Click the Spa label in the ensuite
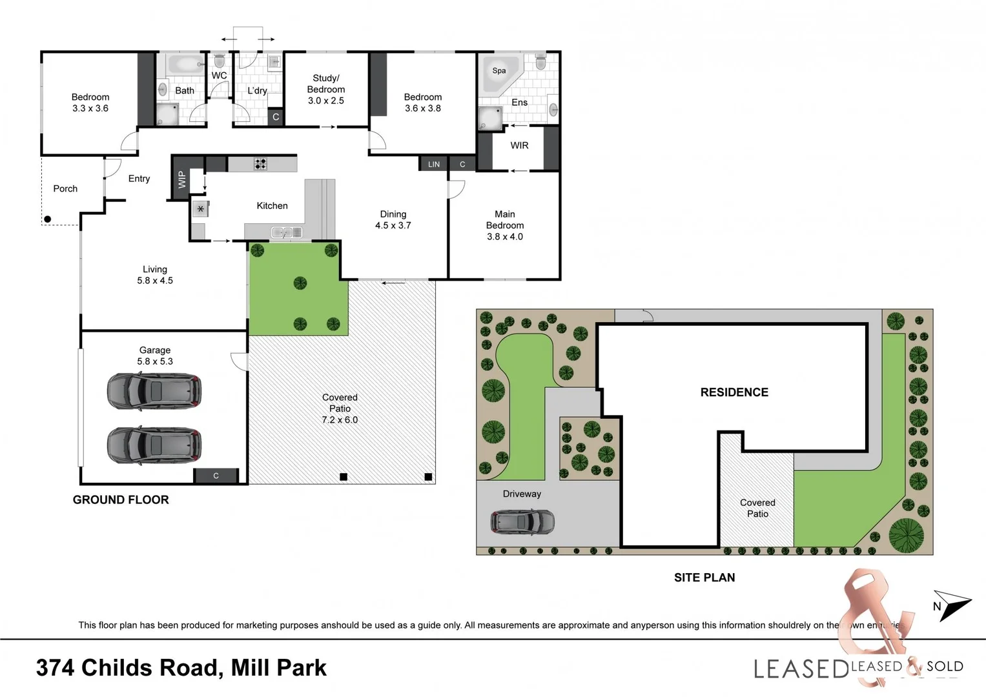click(x=498, y=71)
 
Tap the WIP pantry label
click(x=182, y=179)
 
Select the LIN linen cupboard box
click(x=434, y=165)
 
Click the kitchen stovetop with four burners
click(x=260, y=164)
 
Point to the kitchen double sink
click(x=286, y=232)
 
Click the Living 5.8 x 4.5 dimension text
click(x=155, y=281)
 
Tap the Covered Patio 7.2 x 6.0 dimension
click(x=340, y=419)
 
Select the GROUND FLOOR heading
click(x=121, y=500)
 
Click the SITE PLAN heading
click(x=704, y=578)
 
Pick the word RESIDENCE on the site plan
click(x=734, y=392)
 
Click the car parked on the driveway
click(x=522, y=521)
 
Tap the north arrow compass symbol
click(x=952, y=605)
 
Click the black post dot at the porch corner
click(x=47, y=219)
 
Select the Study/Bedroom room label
click(x=326, y=84)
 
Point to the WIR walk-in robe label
click(x=519, y=146)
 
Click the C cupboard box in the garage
click(x=216, y=476)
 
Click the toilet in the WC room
click(x=219, y=61)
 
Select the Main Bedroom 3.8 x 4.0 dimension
click(x=505, y=237)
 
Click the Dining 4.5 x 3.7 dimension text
click(x=393, y=225)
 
